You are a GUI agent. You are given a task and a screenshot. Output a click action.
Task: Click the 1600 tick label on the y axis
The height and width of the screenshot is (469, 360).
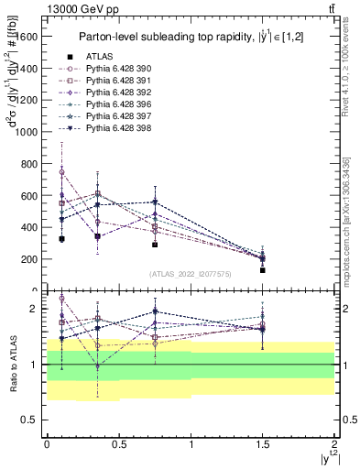click(27, 37)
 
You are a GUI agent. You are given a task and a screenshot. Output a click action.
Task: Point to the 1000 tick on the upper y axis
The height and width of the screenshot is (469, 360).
click(27, 132)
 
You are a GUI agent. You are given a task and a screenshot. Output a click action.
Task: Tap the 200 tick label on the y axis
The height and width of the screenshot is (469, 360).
click(29, 259)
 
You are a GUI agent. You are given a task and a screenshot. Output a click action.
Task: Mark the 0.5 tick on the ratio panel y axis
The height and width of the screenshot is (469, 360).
click(32, 420)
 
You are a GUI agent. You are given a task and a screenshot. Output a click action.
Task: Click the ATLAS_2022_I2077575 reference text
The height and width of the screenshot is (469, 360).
click(191, 274)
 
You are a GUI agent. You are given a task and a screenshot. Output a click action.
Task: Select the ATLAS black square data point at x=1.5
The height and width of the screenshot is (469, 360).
click(262, 270)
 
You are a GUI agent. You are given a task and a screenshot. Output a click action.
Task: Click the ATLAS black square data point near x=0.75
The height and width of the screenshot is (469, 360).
click(155, 245)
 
